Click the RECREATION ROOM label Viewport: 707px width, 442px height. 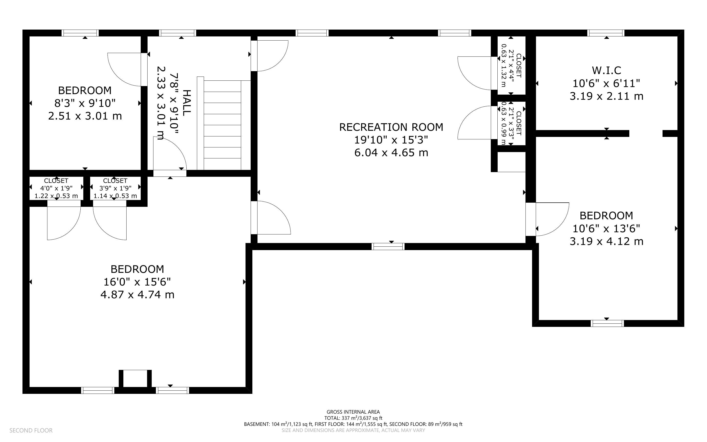391,127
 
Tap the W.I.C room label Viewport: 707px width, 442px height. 606,70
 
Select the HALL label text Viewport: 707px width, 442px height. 186,103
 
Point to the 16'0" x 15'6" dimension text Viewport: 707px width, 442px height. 137,282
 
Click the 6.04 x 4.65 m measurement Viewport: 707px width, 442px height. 391,153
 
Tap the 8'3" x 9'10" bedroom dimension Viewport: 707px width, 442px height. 85,103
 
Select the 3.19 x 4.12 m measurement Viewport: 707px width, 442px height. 606,242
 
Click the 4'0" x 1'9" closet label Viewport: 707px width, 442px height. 56,188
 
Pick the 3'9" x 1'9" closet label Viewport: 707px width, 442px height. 115,188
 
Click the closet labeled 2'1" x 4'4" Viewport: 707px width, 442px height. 511,66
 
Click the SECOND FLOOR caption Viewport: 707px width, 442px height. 31,431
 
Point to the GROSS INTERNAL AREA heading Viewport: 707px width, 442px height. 353,412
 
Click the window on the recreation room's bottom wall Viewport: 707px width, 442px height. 388,246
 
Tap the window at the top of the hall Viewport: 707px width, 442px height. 178,33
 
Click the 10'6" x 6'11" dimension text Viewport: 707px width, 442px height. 606,84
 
